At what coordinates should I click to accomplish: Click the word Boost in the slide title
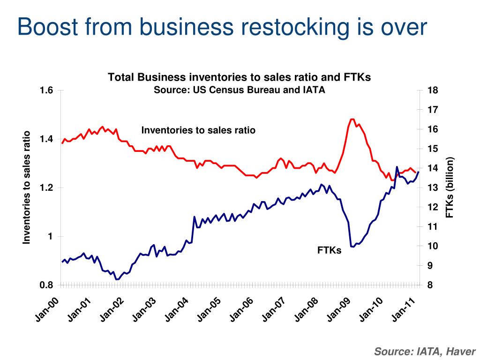point(48,27)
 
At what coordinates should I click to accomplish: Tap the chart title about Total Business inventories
point(239,77)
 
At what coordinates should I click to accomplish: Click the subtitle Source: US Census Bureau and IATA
point(239,90)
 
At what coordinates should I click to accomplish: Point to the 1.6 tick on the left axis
point(46,90)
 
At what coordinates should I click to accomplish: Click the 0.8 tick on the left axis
point(46,285)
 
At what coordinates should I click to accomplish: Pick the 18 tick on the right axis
point(433,90)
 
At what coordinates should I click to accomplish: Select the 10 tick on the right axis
point(433,246)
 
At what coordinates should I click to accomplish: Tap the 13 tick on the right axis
point(433,187)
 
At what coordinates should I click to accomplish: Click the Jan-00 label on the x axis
point(47,309)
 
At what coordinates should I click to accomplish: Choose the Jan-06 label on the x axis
point(241,309)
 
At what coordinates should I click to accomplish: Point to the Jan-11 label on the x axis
point(404,309)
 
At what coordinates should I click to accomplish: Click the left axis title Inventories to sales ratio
point(27,187)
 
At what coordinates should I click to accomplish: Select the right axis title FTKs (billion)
point(450,187)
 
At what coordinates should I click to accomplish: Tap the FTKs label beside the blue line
point(329,250)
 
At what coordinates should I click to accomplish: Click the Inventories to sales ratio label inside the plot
point(198,130)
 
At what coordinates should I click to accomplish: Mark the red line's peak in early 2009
point(352,120)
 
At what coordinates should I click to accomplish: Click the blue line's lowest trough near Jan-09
point(352,247)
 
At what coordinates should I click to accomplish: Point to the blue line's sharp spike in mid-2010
point(397,167)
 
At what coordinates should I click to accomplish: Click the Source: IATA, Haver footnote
point(425,351)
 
